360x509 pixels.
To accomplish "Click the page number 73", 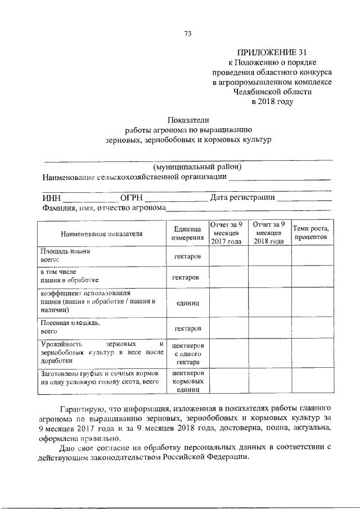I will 188,34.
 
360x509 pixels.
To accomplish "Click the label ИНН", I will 52,197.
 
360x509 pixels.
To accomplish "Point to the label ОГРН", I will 130,197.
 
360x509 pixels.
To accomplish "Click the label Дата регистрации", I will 242,197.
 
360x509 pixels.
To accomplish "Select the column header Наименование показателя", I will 101,233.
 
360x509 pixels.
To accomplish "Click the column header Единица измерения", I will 187,233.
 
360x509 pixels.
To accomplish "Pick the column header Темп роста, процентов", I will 310,233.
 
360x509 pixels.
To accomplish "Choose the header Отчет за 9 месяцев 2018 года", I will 269,233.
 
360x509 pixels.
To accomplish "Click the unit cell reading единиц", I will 187,303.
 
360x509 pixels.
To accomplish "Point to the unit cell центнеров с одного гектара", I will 187,353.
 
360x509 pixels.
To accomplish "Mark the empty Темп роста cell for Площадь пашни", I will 310,256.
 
